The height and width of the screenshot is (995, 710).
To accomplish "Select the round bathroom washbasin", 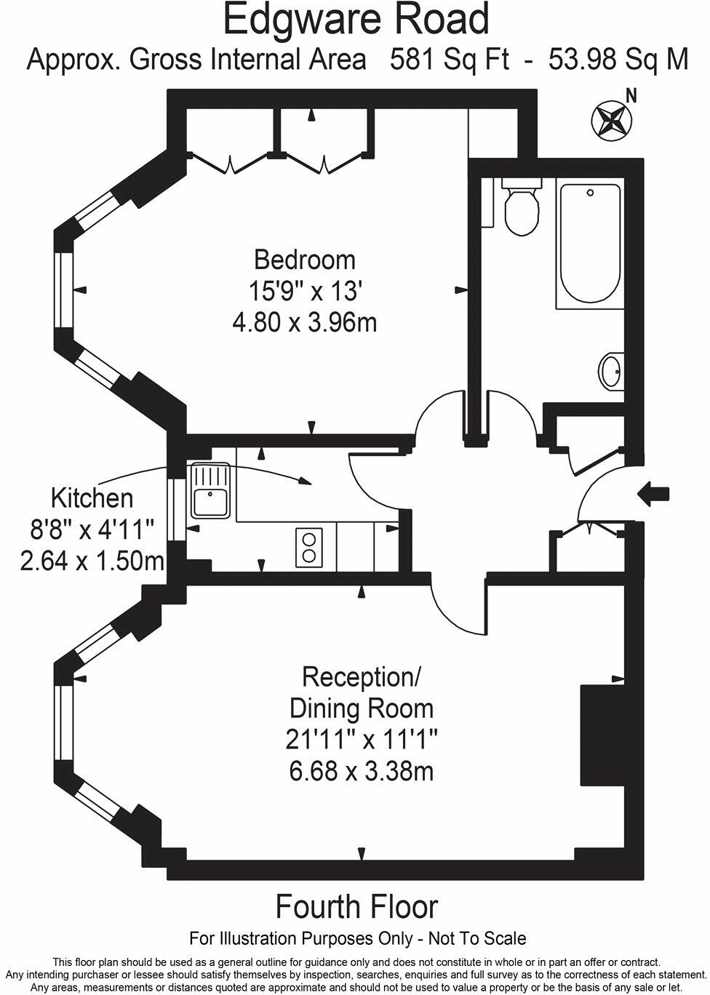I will point(610,372).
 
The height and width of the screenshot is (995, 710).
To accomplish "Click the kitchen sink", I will point(210,492).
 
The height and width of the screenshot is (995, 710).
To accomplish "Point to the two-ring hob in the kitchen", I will point(309,548).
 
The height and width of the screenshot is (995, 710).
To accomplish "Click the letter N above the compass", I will point(631,95).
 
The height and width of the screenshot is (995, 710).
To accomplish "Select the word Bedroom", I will point(304,260).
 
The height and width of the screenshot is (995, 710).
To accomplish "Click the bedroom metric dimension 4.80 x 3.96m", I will point(304,322).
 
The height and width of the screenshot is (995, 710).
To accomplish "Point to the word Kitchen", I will point(92,498).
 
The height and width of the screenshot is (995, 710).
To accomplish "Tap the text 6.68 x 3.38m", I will point(361,771).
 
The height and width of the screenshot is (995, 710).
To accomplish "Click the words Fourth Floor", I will point(356,907).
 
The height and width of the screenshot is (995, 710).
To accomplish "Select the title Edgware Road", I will point(356,20).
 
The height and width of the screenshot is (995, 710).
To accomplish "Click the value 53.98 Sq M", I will point(618,60).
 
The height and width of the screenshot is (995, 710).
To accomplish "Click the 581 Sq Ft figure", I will point(450,60).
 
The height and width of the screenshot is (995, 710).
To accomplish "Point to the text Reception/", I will point(362,676).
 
